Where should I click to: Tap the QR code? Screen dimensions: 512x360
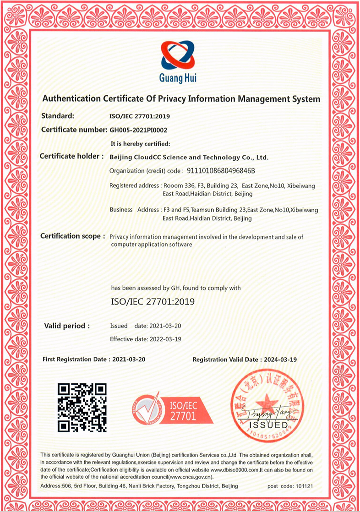pyautogui.click(x=82, y=408)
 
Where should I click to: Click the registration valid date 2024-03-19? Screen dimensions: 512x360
pyautogui.click(x=280, y=359)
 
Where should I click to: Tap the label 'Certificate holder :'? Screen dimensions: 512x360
pyautogui.click(x=71, y=156)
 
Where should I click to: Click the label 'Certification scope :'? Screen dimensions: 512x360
pyautogui.click(x=72, y=236)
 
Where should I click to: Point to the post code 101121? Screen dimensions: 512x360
pyautogui.click(x=304, y=485)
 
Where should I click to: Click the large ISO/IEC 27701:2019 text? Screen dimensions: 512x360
pyautogui.click(x=153, y=302)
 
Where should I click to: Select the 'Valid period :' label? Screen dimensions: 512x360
pyautogui.click(x=67, y=326)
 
